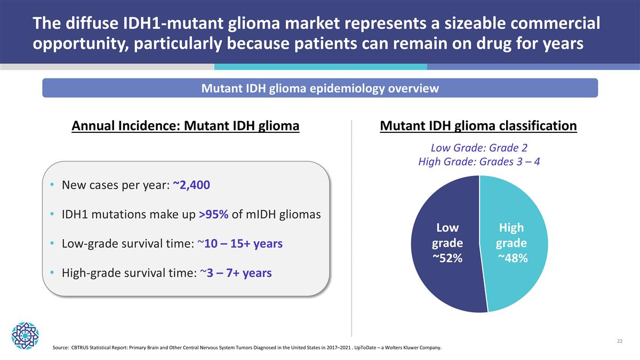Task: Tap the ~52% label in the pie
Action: click(447, 258)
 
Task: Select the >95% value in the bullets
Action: click(214, 214)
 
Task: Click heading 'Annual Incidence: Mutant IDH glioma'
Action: click(185, 126)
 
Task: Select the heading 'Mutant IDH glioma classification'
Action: click(478, 126)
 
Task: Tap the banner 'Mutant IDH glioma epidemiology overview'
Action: click(320, 89)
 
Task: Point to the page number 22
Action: click(619, 341)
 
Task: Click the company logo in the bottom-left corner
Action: click(25, 335)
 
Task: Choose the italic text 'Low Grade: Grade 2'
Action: click(479, 148)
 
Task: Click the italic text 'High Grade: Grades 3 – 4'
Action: click(479, 162)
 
